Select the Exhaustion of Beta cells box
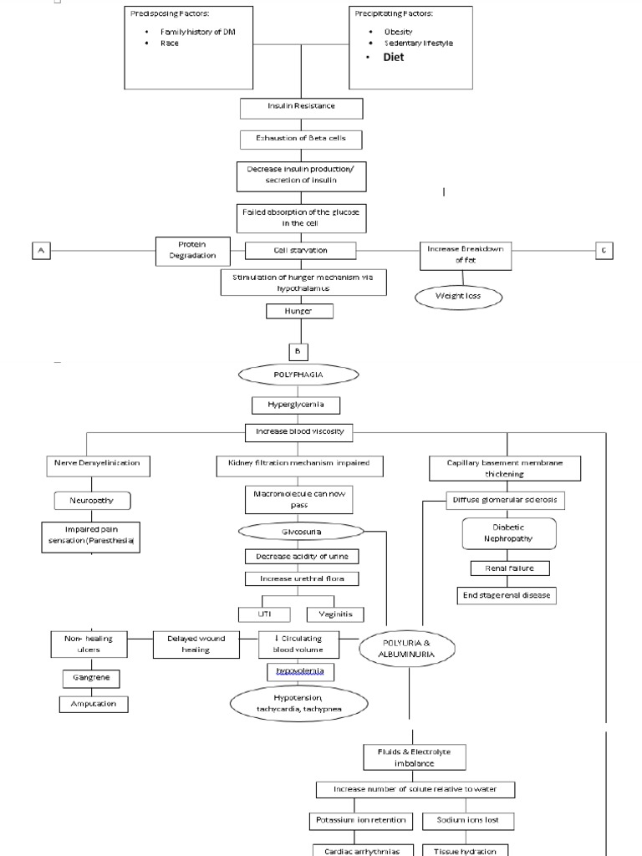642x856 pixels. [x=301, y=139]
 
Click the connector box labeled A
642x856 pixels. [x=40, y=250]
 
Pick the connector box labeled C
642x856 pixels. [x=604, y=250]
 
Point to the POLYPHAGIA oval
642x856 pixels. [x=298, y=375]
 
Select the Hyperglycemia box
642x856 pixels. [x=298, y=405]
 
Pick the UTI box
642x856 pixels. [x=265, y=614]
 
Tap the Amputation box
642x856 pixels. [x=94, y=704]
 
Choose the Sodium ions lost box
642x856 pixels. [x=468, y=820]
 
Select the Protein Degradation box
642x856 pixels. [x=192, y=250]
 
